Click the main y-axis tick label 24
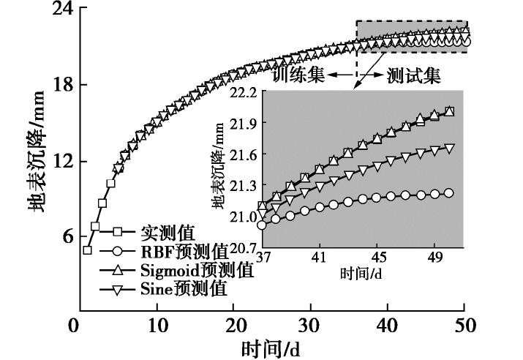coord(60,10)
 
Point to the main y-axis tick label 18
coord(60,86)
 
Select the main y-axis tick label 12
coord(60,162)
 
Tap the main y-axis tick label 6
coord(65,236)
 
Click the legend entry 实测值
coord(168,233)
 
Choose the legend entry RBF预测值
coord(184,252)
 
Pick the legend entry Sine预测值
coord(184,288)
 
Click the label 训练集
coord(298,75)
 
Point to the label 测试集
coord(414,75)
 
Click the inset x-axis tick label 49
coord(434,257)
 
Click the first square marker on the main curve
coord(87,250)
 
